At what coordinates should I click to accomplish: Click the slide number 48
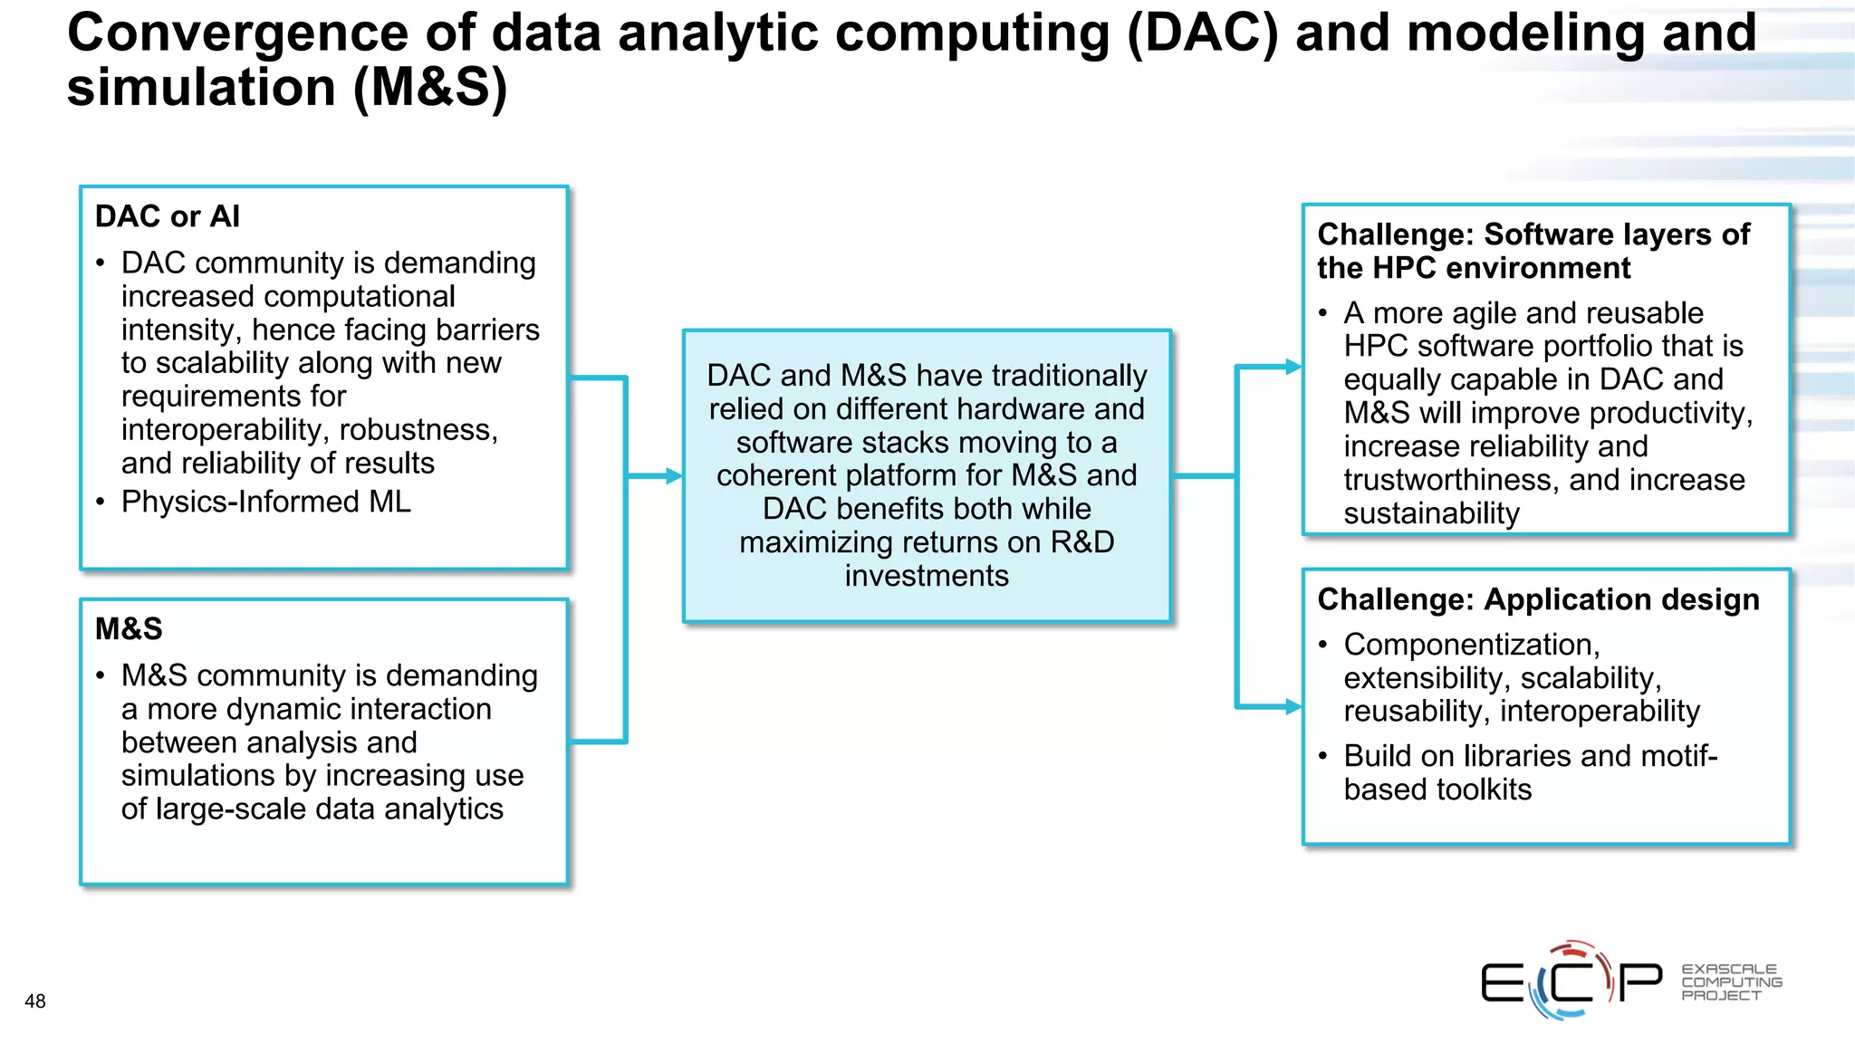click(35, 1001)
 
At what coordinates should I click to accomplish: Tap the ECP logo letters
click(1571, 981)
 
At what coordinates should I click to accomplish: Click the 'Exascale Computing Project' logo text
click(1731, 982)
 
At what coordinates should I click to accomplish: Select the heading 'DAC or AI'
click(168, 216)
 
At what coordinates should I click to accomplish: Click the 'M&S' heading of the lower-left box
click(129, 628)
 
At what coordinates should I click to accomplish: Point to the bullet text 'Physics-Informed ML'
click(265, 502)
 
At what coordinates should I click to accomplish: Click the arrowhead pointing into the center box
click(674, 475)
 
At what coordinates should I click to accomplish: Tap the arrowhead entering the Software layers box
click(1293, 367)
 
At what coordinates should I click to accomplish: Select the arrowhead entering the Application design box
click(1293, 706)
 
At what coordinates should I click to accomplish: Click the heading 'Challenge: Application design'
click(1538, 599)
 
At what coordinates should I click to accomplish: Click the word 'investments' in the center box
click(927, 576)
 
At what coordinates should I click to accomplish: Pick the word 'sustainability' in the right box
click(1431, 513)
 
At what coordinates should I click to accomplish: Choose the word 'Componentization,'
click(1472, 645)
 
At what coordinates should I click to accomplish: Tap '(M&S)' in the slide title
click(430, 88)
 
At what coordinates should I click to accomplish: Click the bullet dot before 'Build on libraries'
click(1323, 756)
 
